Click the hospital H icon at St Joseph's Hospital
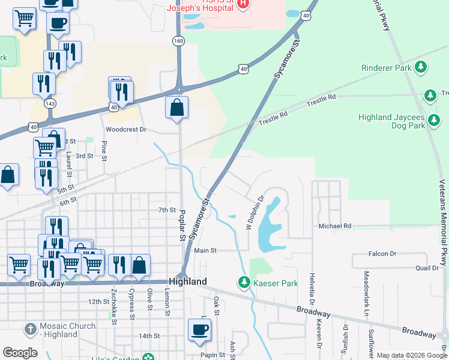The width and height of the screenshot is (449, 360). [243, 4]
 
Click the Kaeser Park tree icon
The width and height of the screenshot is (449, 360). [244, 281]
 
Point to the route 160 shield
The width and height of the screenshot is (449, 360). [178, 41]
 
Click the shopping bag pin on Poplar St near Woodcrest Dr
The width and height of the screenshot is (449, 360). [177, 109]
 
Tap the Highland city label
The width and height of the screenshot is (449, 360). [188, 281]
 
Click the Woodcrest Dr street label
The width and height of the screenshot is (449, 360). [126, 129]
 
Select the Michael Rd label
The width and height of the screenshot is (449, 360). [334, 226]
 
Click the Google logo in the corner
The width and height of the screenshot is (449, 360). [20, 353]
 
